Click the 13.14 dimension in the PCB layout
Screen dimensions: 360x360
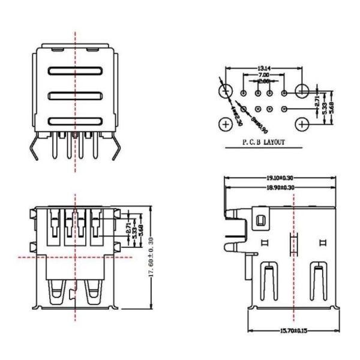tap(263, 68)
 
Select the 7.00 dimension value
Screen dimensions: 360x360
tap(263, 75)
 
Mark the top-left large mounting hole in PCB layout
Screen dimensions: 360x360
tap(226, 91)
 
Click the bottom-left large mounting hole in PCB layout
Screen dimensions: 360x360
tap(226, 124)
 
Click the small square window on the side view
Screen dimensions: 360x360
tap(260, 221)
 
